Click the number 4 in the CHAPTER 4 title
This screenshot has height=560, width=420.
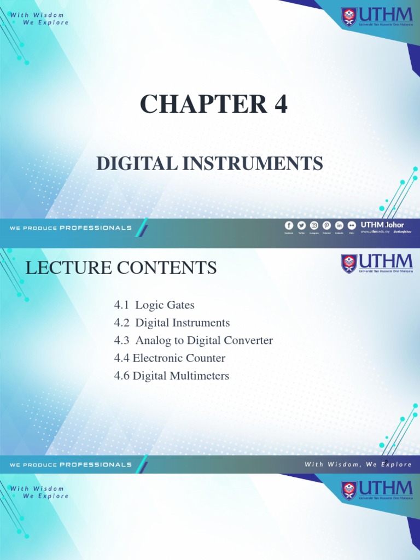click(x=280, y=104)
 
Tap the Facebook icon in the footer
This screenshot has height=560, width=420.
click(x=289, y=225)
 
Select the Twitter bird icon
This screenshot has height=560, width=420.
click(x=301, y=225)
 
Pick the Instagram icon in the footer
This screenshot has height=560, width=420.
click(x=314, y=225)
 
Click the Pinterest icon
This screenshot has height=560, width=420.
click(x=326, y=225)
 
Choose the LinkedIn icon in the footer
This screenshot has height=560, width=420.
click(x=339, y=225)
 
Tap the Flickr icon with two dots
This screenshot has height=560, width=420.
click(x=352, y=225)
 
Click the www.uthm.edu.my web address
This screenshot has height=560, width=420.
click(x=375, y=231)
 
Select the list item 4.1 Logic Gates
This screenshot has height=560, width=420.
click(x=154, y=305)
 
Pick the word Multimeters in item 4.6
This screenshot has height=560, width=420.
click(x=200, y=376)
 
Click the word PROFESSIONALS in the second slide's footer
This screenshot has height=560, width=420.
click(x=96, y=464)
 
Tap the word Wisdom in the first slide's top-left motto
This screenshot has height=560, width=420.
click(x=49, y=15)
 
